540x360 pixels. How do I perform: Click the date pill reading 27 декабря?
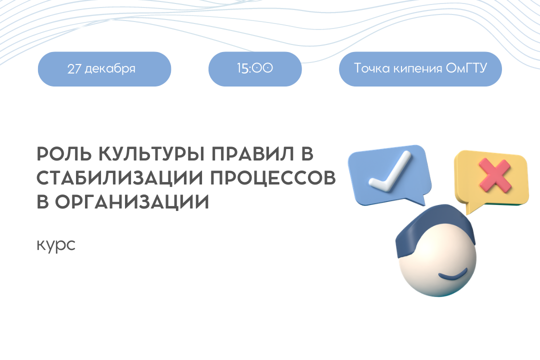(104, 69)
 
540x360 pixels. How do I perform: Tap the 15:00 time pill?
(255, 69)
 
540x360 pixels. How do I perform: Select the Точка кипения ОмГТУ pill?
(420, 69)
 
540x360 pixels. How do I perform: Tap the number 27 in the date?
(74, 69)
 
